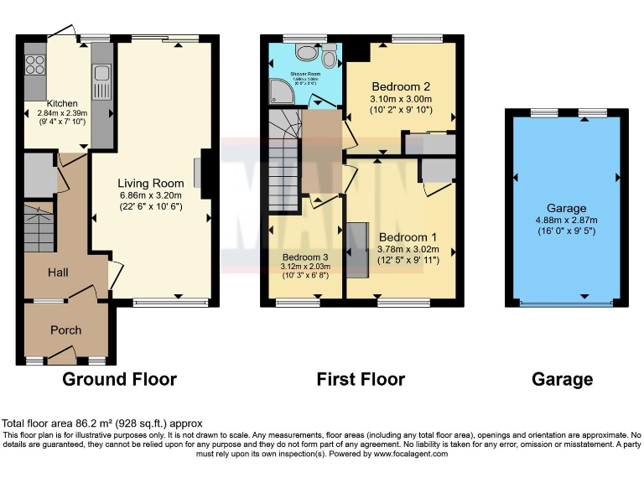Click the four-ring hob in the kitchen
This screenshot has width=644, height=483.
(35, 65)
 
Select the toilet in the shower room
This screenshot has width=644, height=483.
(330, 57)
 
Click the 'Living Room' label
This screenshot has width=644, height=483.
(150, 184)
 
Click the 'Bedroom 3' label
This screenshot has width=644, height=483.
(306, 257)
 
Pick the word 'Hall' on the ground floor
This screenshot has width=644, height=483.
(58, 273)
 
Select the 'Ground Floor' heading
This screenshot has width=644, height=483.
(120, 380)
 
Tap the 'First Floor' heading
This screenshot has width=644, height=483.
(361, 380)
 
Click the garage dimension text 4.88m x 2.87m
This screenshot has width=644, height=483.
(567, 221)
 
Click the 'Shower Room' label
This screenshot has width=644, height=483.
(304, 75)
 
